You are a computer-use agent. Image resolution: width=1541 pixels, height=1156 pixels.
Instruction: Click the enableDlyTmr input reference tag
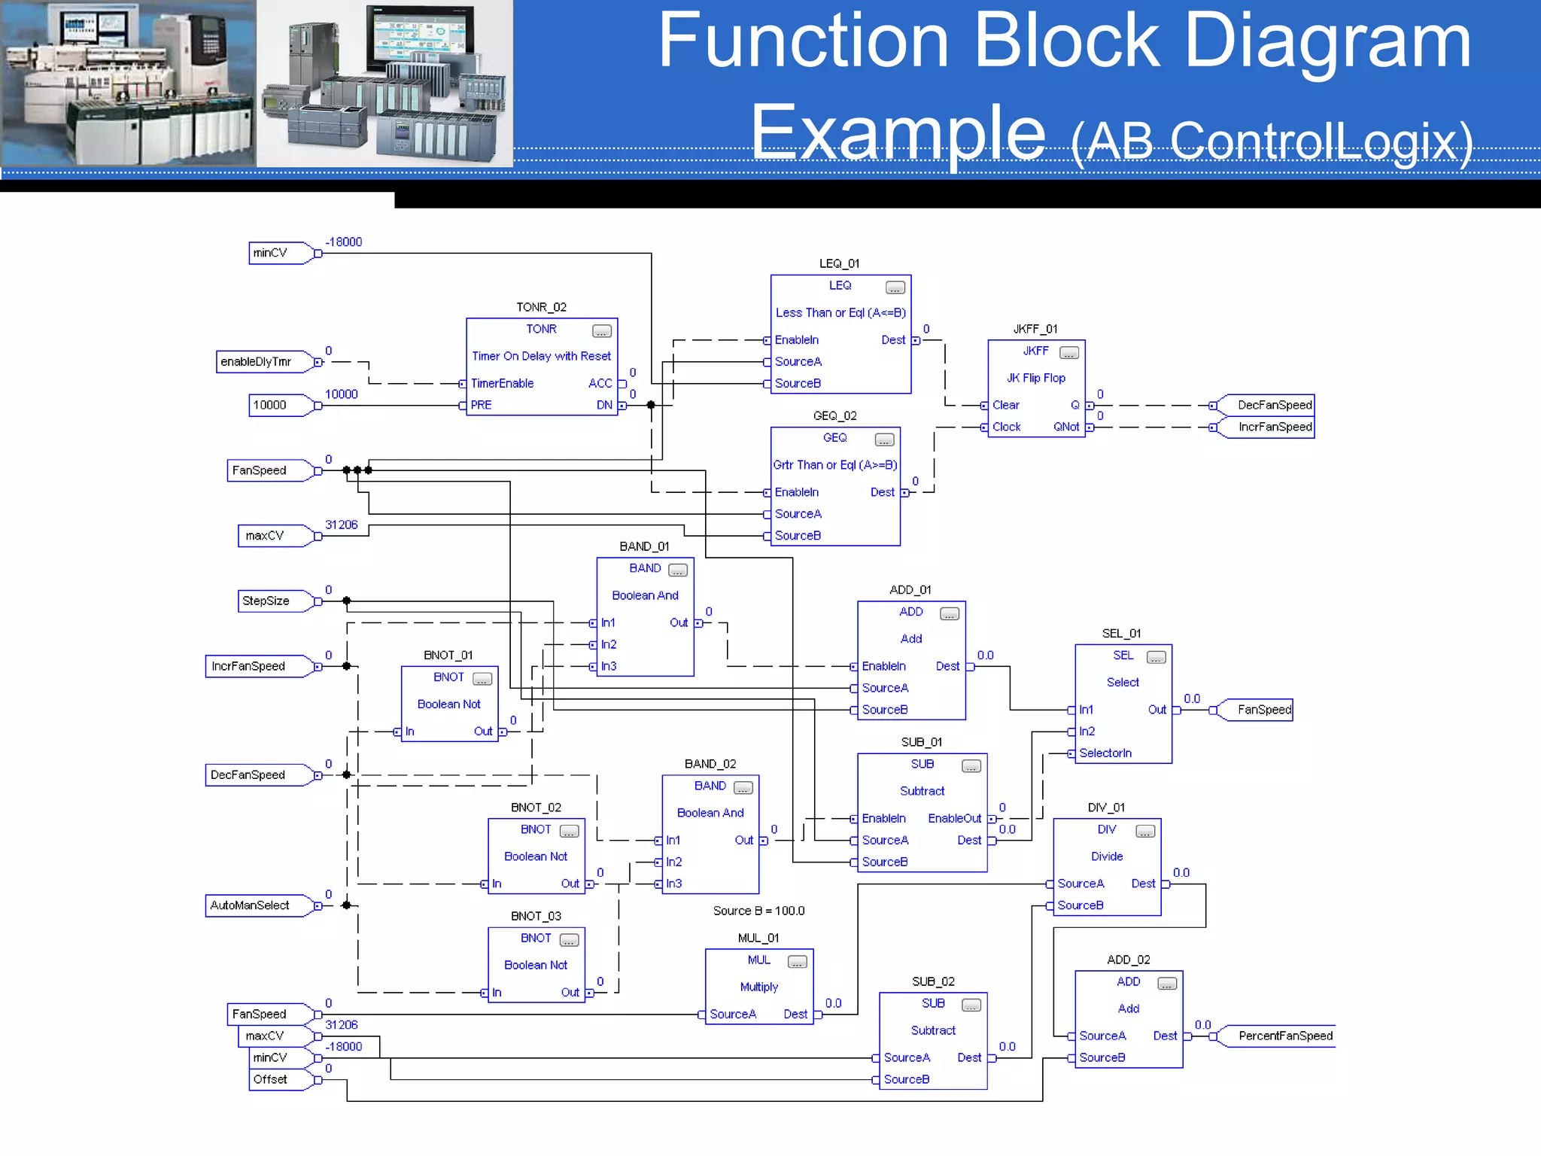[257, 362]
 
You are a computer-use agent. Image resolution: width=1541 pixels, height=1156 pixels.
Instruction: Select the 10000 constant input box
[271, 405]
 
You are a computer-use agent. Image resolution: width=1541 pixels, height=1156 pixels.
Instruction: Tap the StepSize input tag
[267, 601]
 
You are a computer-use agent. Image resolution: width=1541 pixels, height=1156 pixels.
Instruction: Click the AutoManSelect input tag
[251, 905]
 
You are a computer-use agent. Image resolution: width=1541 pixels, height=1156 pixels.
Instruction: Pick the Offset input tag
[271, 1079]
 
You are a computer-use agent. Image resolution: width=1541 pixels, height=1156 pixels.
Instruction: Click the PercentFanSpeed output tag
[1284, 1036]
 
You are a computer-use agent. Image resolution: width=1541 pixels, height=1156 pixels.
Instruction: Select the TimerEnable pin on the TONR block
[501, 384]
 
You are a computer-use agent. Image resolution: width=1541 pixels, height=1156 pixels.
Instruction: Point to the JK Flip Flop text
[1035, 378]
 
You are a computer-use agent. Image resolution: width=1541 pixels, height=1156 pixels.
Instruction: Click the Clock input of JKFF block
[1006, 427]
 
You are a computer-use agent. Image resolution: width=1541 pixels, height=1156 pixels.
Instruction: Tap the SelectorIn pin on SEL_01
[1105, 753]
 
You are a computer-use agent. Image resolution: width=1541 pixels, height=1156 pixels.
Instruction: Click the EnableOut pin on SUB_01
[955, 818]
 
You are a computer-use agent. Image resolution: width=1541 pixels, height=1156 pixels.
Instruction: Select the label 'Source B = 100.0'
[758, 911]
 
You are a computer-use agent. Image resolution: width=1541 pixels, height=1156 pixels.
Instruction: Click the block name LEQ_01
[839, 263]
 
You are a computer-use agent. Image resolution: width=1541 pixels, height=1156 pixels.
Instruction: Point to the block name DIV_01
[1106, 808]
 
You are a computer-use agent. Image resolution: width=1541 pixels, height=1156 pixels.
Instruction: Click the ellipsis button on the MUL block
[797, 962]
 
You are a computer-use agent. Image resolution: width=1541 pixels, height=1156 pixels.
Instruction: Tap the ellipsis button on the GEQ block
[884, 440]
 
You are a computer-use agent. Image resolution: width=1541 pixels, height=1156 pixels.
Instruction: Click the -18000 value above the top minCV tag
[343, 242]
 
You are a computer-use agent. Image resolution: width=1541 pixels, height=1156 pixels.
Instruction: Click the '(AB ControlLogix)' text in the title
[1272, 141]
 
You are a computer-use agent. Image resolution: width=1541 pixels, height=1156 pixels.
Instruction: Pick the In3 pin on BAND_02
[673, 884]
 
